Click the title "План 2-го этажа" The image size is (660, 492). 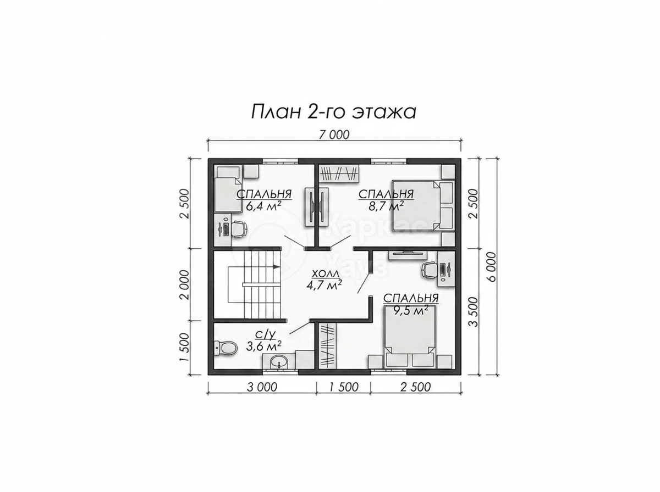tap(333, 112)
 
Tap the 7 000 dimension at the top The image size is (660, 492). tap(334, 135)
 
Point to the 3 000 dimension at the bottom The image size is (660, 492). tap(262, 388)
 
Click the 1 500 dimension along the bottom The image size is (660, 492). tap(344, 388)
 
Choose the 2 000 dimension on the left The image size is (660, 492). tap(185, 284)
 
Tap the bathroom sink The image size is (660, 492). tap(279, 363)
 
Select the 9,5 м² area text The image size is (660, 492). tap(411, 311)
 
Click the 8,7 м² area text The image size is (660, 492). tap(386, 206)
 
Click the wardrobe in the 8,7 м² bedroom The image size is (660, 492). tap(339, 174)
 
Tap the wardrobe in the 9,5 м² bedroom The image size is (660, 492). tap(327, 346)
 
